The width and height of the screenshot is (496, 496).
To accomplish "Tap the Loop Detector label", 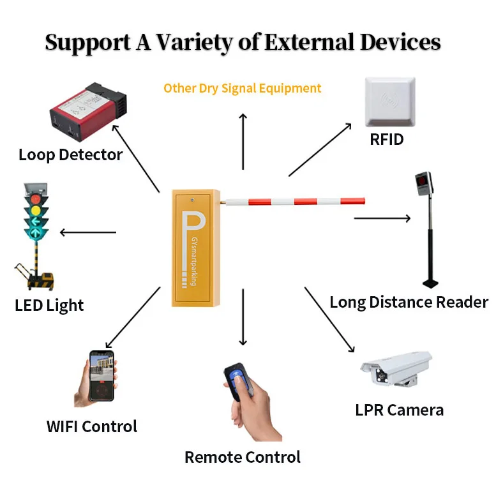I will click(70, 154).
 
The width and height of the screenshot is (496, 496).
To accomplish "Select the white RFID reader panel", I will click(389, 102).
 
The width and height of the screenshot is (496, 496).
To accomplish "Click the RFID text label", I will click(387, 139).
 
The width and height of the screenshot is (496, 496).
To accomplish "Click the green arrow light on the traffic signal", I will click(36, 223).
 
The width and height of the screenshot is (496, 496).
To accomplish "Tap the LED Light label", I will click(49, 305).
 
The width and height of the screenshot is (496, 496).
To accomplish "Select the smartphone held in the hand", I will click(101, 375).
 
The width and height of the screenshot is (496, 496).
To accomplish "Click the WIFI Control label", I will click(92, 426).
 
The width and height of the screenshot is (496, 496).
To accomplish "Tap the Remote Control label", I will click(242, 457).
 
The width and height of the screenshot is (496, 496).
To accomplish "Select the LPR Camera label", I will click(399, 410).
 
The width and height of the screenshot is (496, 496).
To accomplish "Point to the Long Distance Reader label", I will click(409, 302).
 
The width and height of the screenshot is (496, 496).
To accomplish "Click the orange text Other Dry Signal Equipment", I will click(243, 88).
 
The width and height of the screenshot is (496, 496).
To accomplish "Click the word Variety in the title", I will click(205, 42).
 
